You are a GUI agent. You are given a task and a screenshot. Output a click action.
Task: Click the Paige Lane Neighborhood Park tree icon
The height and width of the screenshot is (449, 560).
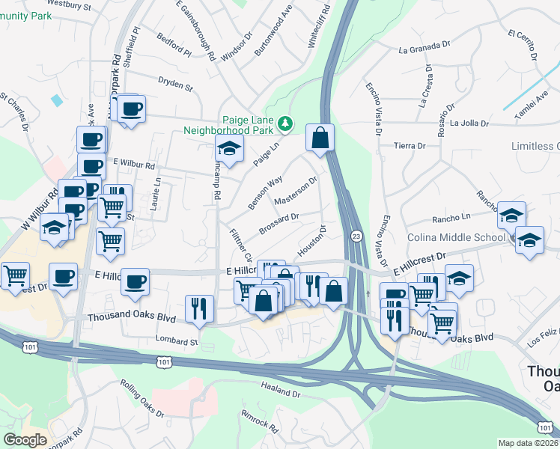(x=284, y=123)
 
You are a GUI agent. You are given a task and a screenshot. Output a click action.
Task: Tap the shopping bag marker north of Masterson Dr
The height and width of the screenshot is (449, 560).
(x=320, y=138)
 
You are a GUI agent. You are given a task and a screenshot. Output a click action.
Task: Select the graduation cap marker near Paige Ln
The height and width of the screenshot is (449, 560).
(x=230, y=149)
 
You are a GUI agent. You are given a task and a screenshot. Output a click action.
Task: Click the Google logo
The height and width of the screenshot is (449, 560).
(x=25, y=439)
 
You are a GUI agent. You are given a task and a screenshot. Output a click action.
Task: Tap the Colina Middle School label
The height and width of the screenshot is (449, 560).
(x=456, y=238)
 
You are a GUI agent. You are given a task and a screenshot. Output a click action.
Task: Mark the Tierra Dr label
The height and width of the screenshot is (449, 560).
(x=410, y=146)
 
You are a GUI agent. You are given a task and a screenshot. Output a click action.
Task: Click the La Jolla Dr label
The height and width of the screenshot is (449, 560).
(x=469, y=123)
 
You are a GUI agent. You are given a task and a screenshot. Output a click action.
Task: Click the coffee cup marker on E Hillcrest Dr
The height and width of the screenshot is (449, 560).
(x=135, y=282)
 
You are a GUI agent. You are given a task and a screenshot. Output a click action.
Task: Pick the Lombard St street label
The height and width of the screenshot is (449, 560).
(x=177, y=341)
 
